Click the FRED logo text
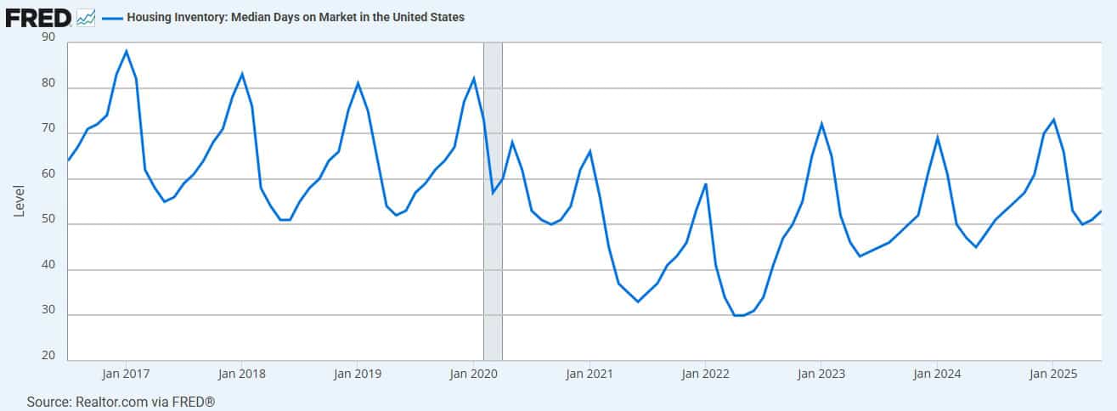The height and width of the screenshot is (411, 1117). (x=37, y=17)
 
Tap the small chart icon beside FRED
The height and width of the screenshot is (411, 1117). (x=86, y=17)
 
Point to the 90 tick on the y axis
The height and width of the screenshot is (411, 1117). (x=48, y=37)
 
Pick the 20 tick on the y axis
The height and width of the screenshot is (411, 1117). (x=48, y=356)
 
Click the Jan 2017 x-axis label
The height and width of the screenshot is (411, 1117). (x=126, y=373)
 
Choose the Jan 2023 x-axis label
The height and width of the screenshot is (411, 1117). (x=821, y=373)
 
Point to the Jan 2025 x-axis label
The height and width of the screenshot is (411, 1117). (x=1052, y=373)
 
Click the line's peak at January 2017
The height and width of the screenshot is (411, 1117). (x=126, y=51)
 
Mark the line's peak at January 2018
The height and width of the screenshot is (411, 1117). (x=242, y=74)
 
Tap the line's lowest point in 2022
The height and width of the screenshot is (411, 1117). (x=738, y=315)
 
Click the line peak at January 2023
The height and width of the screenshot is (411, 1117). (x=821, y=124)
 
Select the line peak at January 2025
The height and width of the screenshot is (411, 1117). (x=1053, y=119)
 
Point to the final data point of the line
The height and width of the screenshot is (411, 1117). (x=1102, y=211)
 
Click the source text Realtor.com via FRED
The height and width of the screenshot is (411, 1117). (x=120, y=401)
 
